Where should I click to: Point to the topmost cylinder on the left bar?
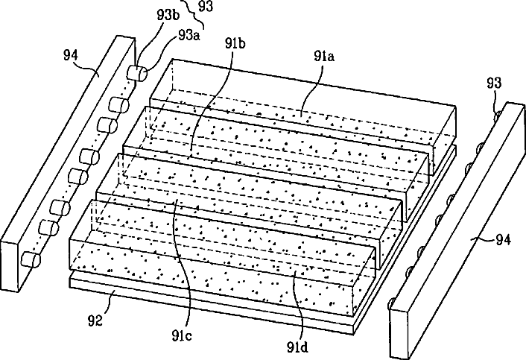click(138, 73)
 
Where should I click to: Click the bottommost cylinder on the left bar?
click(31, 259)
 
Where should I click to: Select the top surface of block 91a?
click(313, 86)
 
